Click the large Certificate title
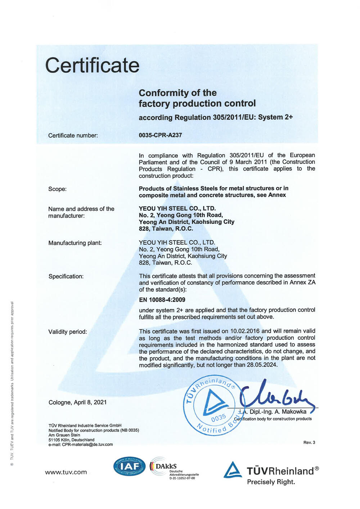point(92,65)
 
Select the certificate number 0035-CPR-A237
point(160,135)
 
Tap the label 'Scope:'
point(58,189)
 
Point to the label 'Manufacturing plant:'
point(75,243)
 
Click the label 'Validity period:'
point(68,332)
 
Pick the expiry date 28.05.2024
point(262,365)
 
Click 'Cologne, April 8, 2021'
point(77,402)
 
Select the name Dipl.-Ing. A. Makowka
point(278,411)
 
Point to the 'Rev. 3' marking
point(309,442)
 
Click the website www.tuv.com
point(66,472)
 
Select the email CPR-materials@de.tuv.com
point(87,445)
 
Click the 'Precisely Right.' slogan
point(271,482)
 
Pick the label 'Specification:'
point(66,276)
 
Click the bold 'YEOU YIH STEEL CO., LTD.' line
point(177,208)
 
